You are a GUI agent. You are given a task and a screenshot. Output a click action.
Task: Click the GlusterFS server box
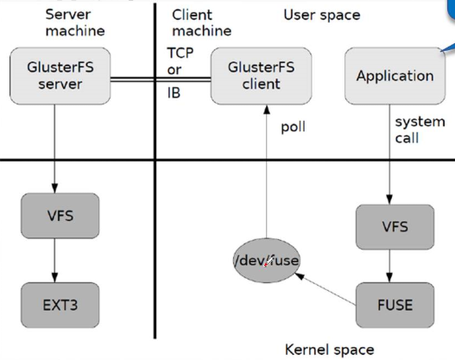60,76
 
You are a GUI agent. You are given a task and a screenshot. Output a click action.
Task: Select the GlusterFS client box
261,76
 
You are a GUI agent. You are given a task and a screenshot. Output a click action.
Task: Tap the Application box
395,76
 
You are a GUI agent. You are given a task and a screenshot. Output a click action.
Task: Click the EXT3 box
60,305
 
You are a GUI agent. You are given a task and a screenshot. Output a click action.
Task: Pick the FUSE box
395,305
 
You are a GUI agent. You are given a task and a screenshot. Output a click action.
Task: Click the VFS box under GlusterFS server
60,216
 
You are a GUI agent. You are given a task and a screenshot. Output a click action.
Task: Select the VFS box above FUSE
395,227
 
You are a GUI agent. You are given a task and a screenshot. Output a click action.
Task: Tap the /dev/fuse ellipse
267,261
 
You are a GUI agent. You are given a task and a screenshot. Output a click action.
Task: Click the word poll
293,127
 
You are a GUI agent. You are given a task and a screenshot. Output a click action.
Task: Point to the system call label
420,129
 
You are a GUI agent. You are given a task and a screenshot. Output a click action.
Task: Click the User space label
322,15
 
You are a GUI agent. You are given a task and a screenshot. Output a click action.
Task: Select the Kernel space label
329,350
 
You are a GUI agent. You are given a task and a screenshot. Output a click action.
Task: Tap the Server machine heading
75,22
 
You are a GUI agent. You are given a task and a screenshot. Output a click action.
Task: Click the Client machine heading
202,22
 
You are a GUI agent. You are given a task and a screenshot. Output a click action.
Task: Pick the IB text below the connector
174,93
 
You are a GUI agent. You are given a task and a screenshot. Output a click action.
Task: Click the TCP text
180,53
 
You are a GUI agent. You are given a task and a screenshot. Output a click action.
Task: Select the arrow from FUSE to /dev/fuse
325,289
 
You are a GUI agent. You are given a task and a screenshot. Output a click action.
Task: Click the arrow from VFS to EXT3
54,261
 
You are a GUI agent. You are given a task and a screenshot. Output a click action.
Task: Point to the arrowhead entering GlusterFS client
267,110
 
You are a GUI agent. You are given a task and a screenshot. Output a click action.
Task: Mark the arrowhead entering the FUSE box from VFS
389,278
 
